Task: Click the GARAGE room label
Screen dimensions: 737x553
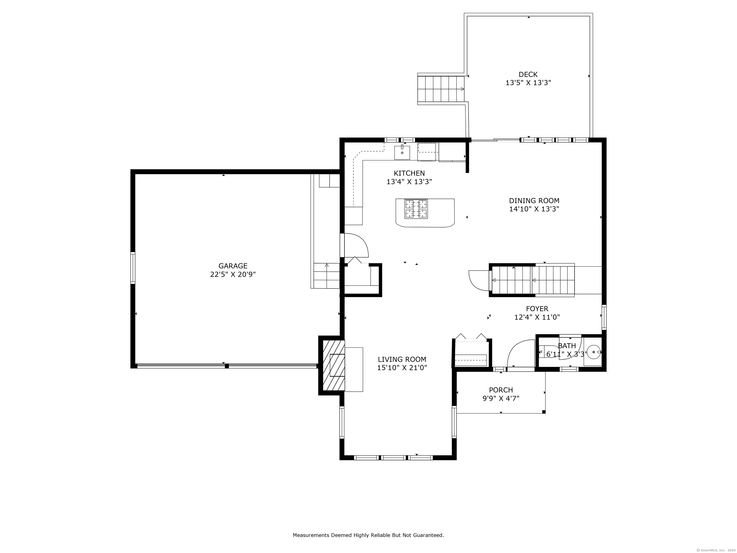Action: point(233,266)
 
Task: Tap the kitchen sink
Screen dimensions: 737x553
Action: point(402,152)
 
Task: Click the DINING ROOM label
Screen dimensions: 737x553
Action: point(534,201)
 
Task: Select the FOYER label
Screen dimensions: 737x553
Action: point(537,309)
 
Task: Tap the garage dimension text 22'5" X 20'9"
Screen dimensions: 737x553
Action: point(233,275)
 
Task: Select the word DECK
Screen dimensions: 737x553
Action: point(528,74)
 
